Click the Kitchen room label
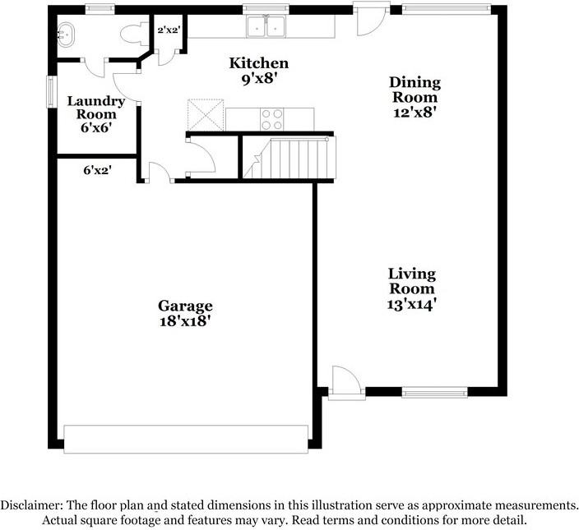tap(258, 70)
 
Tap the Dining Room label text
tap(415, 97)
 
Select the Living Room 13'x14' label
tap(412, 288)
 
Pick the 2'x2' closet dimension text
tap(169, 30)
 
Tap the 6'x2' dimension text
tap(97, 171)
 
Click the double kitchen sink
tap(266, 27)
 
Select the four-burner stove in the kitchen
tap(271, 120)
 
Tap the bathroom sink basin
tap(66, 35)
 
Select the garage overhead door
tap(186, 438)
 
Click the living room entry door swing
tap(345, 381)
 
